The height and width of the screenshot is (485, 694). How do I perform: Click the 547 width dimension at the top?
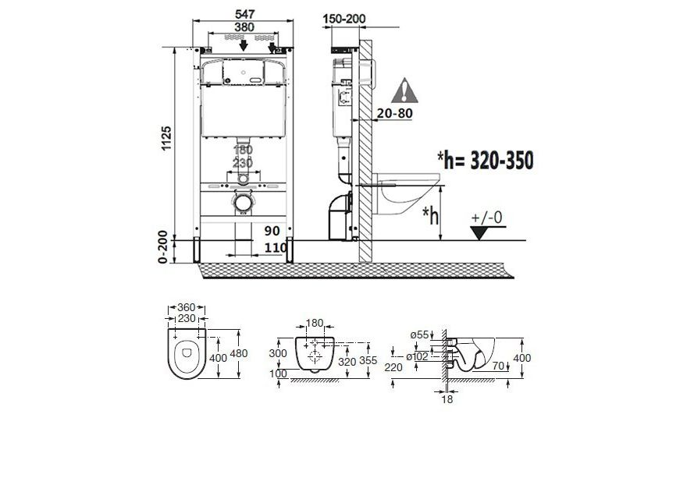(x=244, y=14)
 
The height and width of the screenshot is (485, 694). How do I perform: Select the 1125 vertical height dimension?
(x=166, y=138)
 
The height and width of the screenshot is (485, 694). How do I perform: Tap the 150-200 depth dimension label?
(x=344, y=19)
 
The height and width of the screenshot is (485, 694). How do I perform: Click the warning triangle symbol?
(x=404, y=90)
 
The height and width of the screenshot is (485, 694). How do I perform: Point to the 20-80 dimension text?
(x=394, y=114)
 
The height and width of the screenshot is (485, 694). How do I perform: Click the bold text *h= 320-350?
(x=486, y=160)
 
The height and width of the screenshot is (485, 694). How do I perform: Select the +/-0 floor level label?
(x=487, y=218)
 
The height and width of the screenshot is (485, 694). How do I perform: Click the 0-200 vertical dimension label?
(x=163, y=247)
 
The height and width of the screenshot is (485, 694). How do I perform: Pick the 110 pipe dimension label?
(x=276, y=249)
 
